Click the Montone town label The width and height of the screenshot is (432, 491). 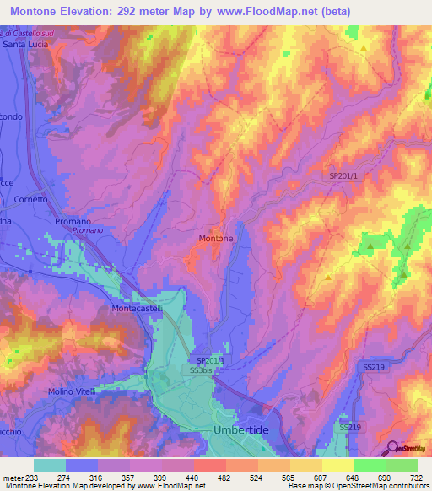[216, 239]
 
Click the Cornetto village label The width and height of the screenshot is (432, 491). [31, 200]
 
